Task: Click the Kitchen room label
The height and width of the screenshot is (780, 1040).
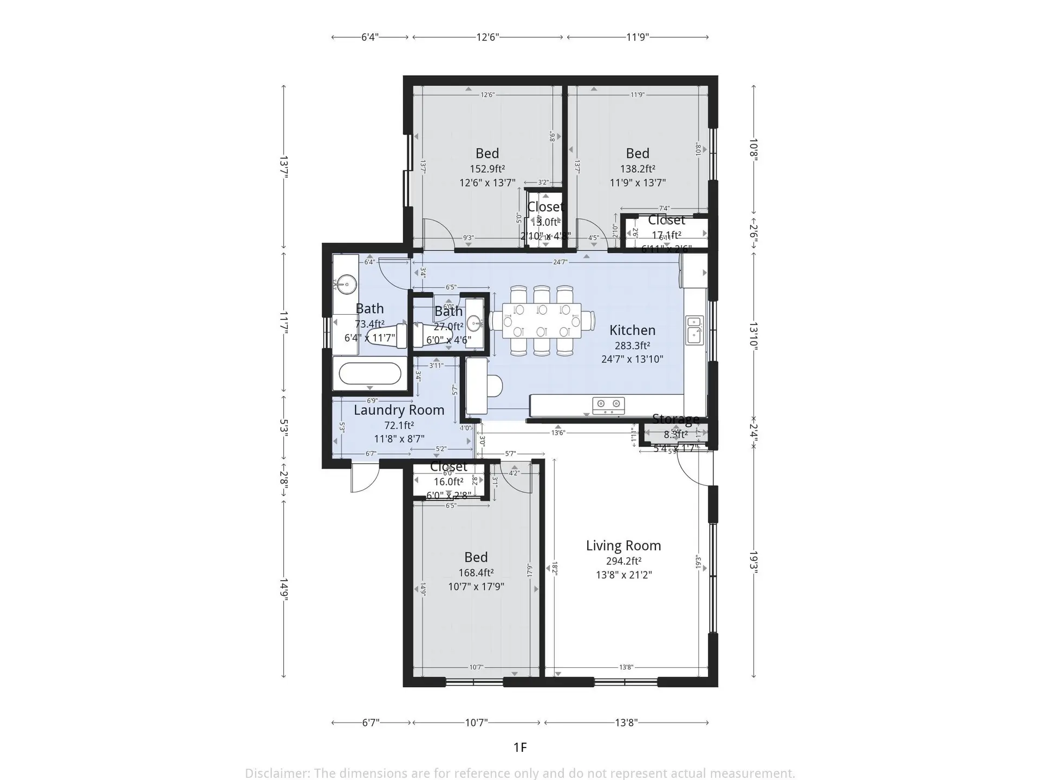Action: click(x=632, y=330)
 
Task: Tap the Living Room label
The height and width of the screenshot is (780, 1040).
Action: click(x=623, y=545)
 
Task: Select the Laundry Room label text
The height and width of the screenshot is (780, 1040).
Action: click(x=399, y=410)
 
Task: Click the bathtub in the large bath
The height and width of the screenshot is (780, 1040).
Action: click(x=370, y=373)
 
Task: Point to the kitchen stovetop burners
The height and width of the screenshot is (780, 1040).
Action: click(x=608, y=404)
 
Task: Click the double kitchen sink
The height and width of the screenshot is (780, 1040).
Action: click(x=694, y=330)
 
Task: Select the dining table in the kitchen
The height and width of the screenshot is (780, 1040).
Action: click(x=542, y=321)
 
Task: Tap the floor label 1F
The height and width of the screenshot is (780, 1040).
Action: click(x=520, y=747)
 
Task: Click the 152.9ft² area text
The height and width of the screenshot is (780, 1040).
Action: click(x=487, y=168)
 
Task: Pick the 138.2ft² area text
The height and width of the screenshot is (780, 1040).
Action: click(x=638, y=168)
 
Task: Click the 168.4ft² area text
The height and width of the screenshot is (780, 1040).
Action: click(x=476, y=573)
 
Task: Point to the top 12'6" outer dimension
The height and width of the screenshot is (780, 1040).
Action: click(x=487, y=37)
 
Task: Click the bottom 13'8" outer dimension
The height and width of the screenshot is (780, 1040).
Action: click(x=626, y=722)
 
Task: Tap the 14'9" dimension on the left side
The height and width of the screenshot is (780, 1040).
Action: click(x=283, y=589)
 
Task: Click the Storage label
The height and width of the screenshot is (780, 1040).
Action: click(x=675, y=419)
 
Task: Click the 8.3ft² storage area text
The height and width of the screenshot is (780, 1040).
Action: click(x=675, y=434)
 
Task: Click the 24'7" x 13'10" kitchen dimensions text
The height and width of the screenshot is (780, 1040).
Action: click(x=632, y=359)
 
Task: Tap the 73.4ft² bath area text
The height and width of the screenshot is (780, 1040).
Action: click(x=369, y=324)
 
